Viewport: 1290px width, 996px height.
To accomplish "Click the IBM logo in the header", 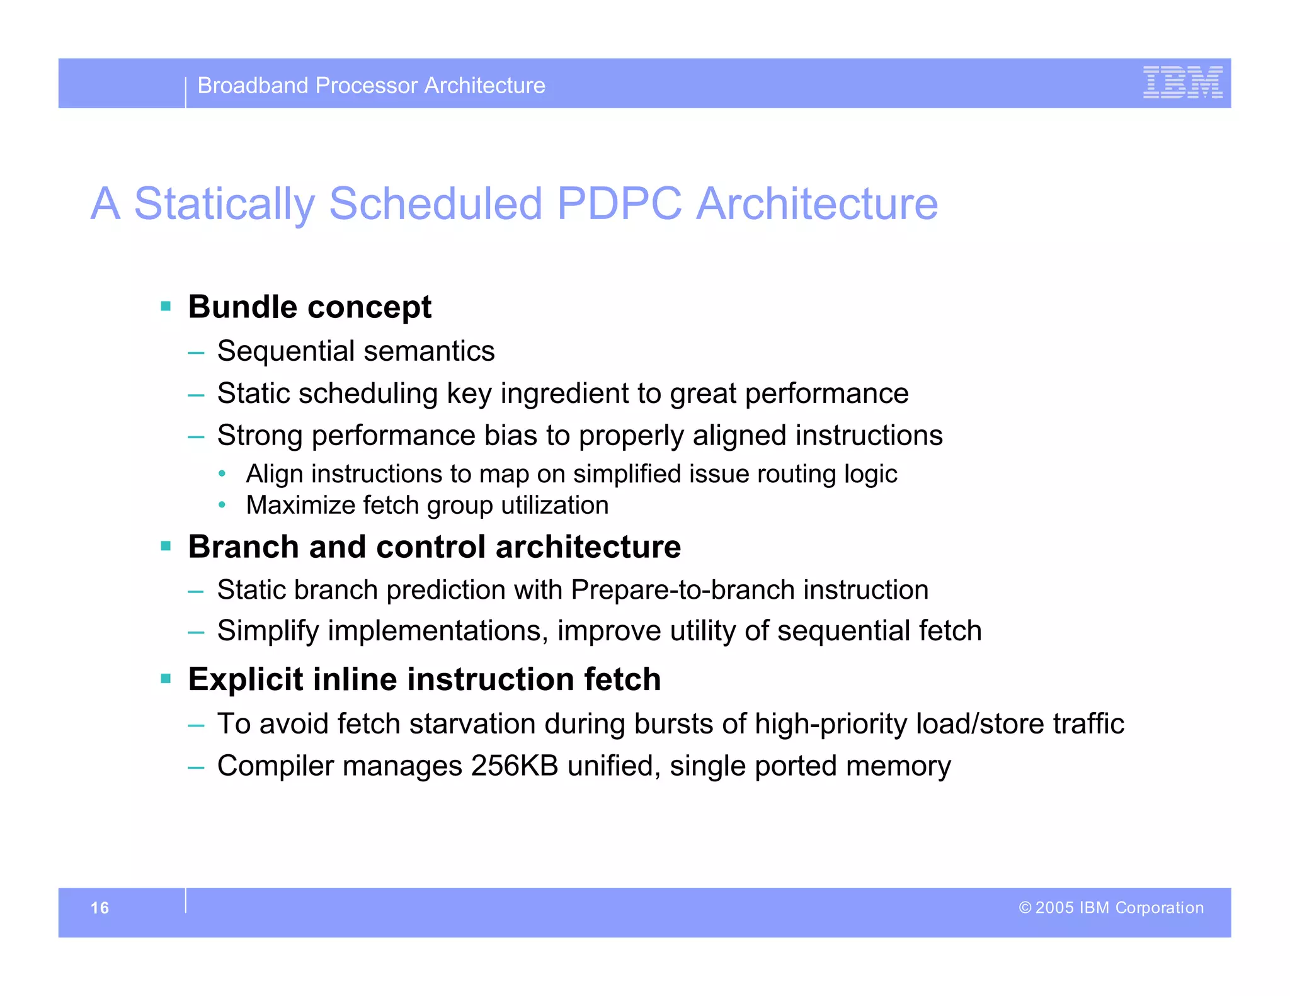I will point(1182,82).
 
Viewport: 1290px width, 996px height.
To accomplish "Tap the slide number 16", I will point(100,908).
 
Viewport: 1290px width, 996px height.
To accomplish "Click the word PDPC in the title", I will point(619,204).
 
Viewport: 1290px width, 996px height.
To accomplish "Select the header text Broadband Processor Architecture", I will point(371,86).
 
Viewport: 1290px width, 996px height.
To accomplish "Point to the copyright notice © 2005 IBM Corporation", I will point(1111,908).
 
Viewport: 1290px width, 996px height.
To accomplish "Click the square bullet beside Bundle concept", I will point(166,307).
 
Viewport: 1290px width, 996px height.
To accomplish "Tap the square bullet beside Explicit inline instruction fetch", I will point(166,679).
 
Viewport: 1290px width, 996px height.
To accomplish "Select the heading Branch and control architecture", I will point(434,546).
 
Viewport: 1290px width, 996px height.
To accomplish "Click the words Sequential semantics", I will point(355,351).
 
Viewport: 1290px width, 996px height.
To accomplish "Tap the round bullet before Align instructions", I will point(222,473).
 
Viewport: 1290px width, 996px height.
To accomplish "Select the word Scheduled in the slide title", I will point(435,204).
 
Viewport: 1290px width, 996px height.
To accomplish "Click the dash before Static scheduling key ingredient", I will point(196,395).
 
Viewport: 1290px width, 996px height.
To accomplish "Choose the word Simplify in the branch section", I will point(268,631).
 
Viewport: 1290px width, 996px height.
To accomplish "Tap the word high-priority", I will point(830,724).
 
